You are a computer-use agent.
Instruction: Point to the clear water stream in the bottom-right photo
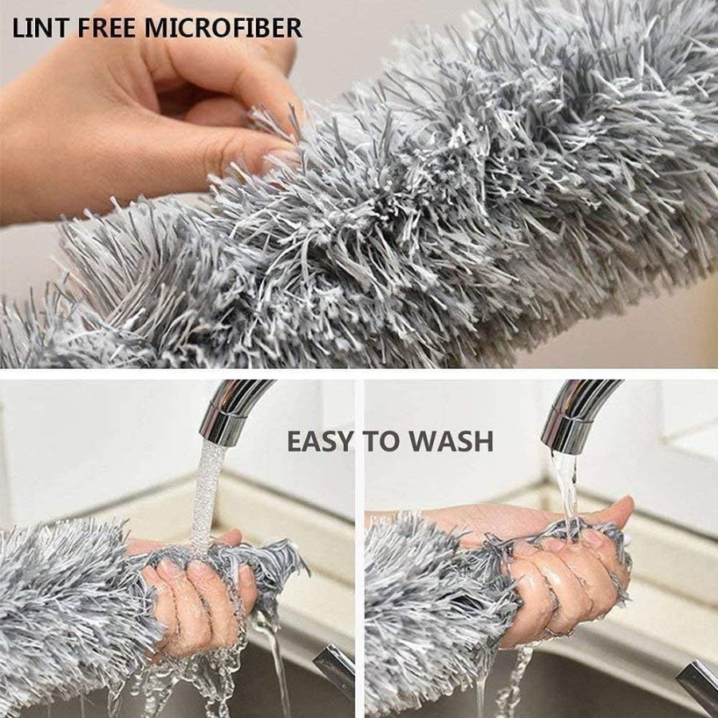tap(566, 487)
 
